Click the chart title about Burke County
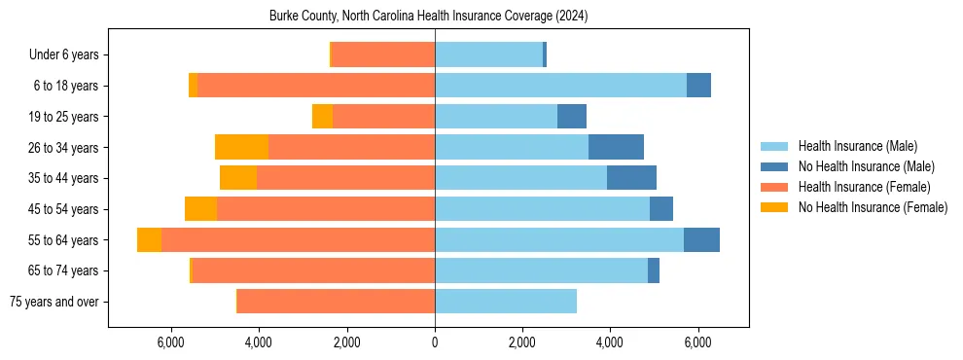coord(428,17)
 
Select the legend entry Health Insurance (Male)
coord(856,146)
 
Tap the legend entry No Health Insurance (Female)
coord(873,207)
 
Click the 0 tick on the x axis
coord(435,342)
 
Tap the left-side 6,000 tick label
coord(170,342)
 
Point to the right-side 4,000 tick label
coord(610,342)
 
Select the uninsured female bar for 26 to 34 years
coord(241,147)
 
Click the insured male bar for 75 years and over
coord(506,302)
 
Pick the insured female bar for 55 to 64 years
coord(298,240)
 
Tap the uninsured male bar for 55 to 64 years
coord(701,240)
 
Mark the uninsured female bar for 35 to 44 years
coord(238,178)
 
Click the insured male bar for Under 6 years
coord(488,55)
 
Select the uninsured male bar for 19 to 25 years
coord(572,117)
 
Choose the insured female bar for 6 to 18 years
coord(316,86)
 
